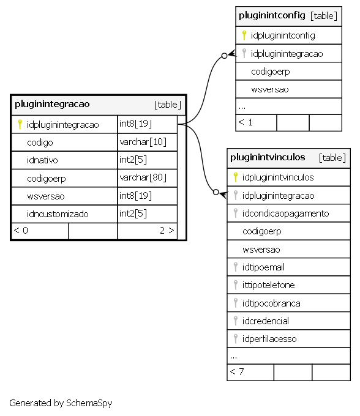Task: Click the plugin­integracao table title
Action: point(52,104)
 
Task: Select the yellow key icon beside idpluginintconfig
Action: point(244,35)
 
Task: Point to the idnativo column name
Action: point(42,160)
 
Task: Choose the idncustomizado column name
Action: point(58,214)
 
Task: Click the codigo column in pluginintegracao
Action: point(40,143)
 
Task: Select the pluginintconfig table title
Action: point(272,15)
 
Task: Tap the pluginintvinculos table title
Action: point(268,157)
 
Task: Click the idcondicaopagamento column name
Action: point(285,214)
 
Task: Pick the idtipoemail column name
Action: point(263,267)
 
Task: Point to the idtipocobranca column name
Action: point(271,303)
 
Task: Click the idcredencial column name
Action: point(265,321)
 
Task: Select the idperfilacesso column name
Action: point(269,339)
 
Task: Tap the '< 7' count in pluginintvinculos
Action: point(236,372)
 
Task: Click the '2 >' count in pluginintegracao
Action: point(167,231)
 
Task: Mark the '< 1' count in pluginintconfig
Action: point(246,122)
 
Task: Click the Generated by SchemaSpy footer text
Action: point(61,403)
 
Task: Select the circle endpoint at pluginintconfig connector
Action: point(224,56)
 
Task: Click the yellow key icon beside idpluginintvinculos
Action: point(235,177)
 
